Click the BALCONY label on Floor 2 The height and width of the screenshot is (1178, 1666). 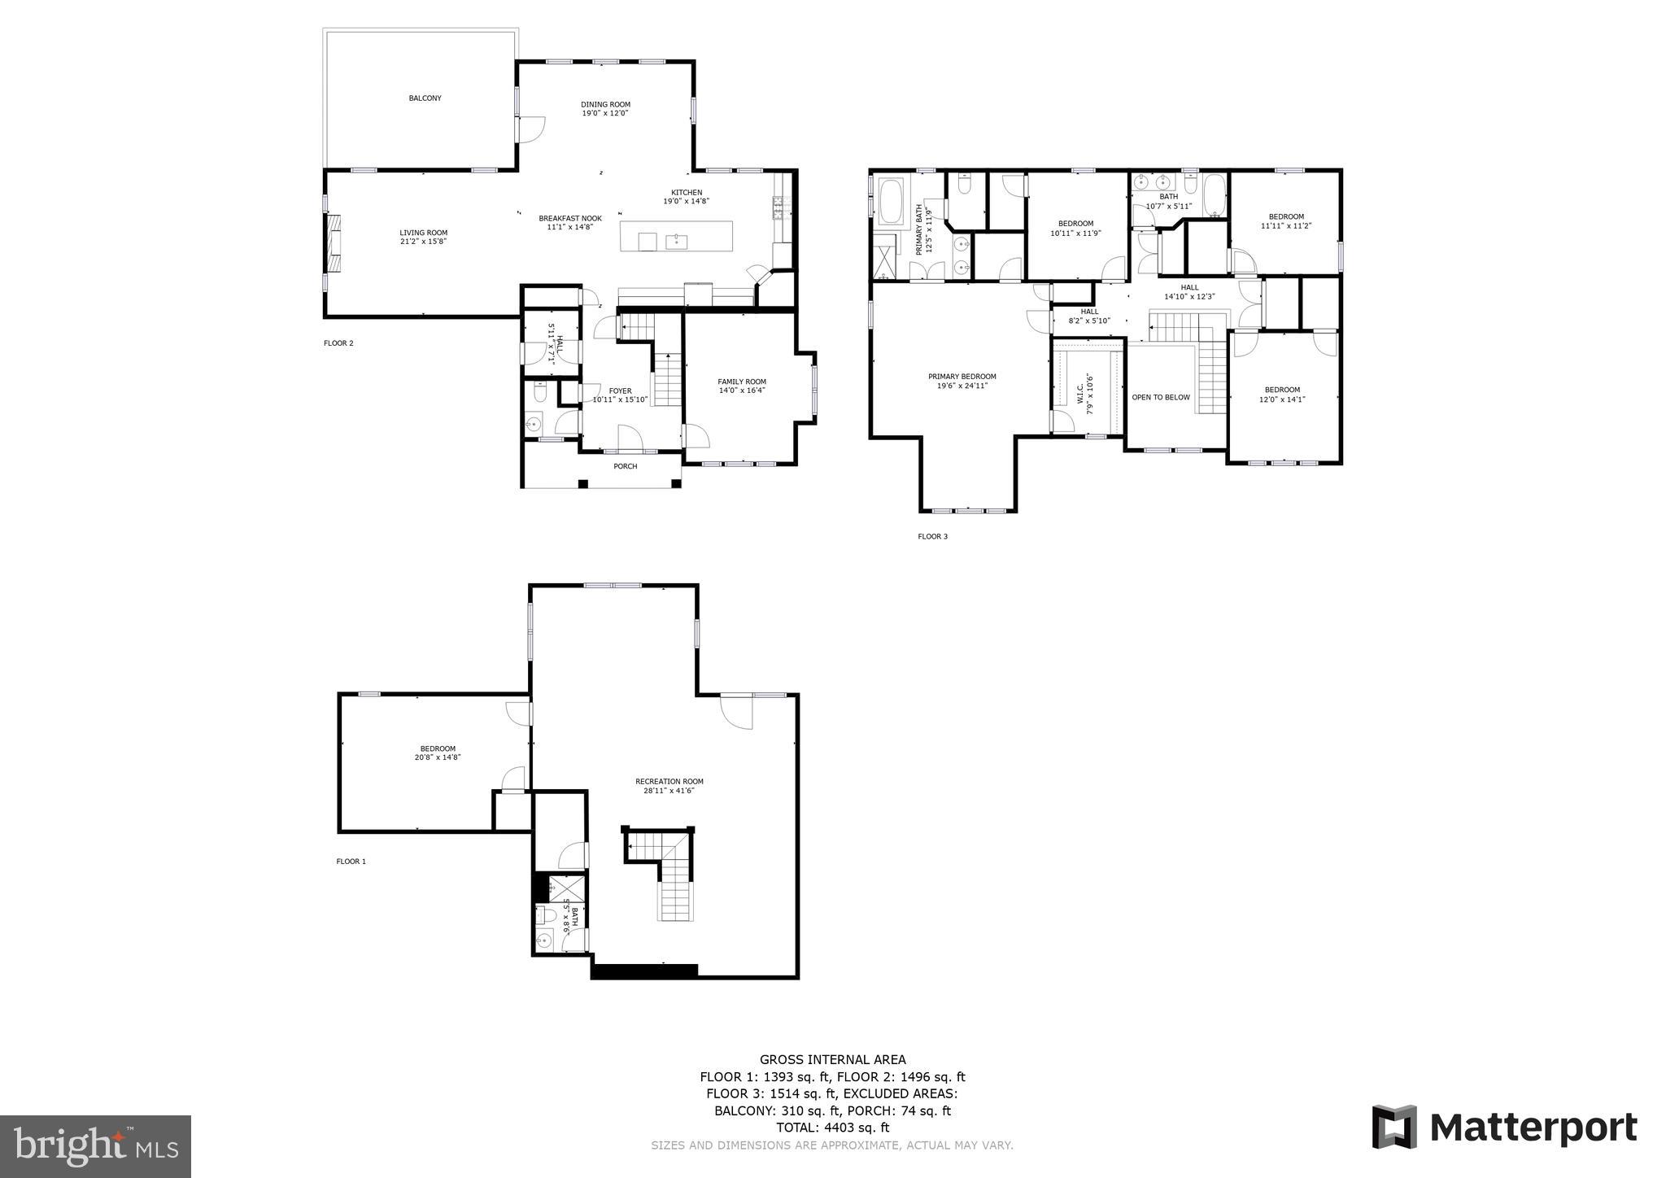pyautogui.click(x=425, y=98)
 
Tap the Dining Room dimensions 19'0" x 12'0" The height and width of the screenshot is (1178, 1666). pyautogui.click(x=604, y=113)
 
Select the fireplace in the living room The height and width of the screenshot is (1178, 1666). pyautogui.click(x=334, y=242)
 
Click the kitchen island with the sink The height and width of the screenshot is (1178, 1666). pyautogui.click(x=676, y=237)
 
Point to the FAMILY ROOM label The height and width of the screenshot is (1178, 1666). pyautogui.click(x=741, y=382)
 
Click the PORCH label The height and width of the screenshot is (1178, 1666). pyautogui.click(x=625, y=466)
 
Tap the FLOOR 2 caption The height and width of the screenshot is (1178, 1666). pyautogui.click(x=338, y=343)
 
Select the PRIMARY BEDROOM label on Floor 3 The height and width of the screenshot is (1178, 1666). pyautogui.click(x=962, y=377)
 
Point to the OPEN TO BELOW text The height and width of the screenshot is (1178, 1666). pyautogui.click(x=1160, y=397)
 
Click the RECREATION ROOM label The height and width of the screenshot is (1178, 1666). pyautogui.click(x=669, y=782)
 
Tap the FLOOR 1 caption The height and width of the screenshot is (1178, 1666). pyautogui.click(x=351, y=862)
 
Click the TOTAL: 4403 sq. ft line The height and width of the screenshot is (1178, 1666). pyautogui.click(x=832, y=1128)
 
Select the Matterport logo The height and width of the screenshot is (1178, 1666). pyautogui.click(x=1504, y=1128)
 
